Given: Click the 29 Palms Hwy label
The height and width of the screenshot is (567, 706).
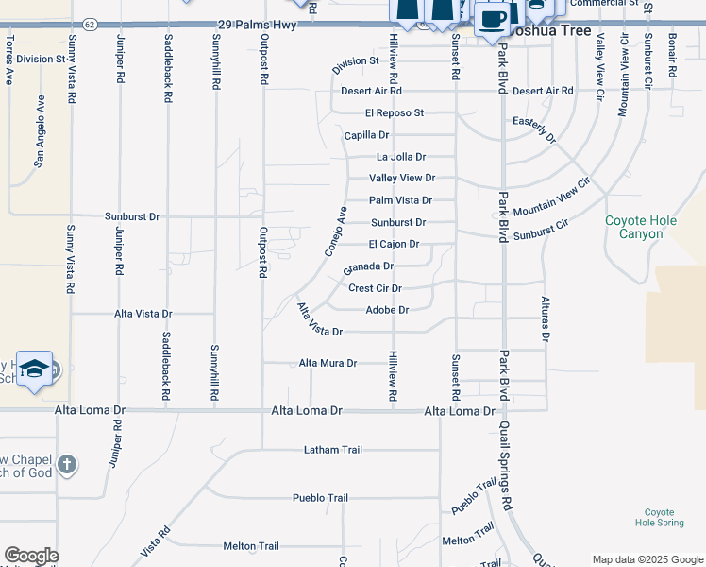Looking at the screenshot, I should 257,25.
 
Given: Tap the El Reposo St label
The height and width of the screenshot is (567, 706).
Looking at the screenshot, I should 395,113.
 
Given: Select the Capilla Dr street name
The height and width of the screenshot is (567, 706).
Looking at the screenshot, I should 366,136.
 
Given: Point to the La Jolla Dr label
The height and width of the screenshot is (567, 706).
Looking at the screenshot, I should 401,157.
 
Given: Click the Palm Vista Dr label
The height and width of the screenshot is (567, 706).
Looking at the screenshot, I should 400,200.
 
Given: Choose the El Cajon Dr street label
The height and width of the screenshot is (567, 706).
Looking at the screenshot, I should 394,244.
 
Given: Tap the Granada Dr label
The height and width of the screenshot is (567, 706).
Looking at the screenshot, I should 368,266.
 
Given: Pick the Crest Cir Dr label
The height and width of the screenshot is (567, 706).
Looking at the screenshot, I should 376,288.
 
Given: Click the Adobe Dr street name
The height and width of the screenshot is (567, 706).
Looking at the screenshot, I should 387,310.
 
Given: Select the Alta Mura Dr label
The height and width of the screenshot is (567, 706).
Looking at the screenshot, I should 328,363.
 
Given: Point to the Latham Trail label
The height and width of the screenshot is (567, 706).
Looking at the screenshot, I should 333,450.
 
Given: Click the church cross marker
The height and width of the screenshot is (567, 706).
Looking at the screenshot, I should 66,464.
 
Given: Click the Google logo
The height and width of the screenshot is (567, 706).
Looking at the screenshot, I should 31,556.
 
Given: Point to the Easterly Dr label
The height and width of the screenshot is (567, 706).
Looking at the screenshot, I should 533,129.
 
